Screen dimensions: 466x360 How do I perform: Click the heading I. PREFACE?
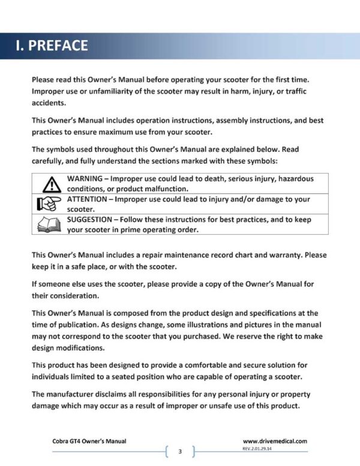(52, 46)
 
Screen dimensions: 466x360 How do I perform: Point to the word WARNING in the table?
(86, 179)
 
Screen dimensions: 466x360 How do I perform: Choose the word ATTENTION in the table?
(88, 199)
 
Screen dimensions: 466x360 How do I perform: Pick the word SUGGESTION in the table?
(92, 219)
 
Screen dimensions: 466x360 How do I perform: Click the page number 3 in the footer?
(179, 452)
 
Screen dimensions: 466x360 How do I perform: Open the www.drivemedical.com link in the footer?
(278, 441)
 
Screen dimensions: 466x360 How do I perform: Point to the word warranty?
(278, 255)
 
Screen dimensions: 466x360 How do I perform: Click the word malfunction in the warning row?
(161, 189)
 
